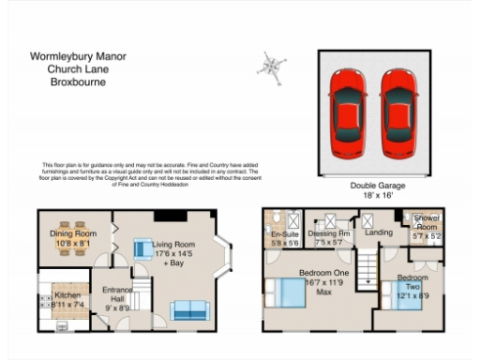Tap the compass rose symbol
pos(272,67)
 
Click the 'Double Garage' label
pos(376,187)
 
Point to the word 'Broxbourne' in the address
pos(78,82)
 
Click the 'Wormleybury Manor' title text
pos(78,56)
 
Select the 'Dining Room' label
pos(73,234)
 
